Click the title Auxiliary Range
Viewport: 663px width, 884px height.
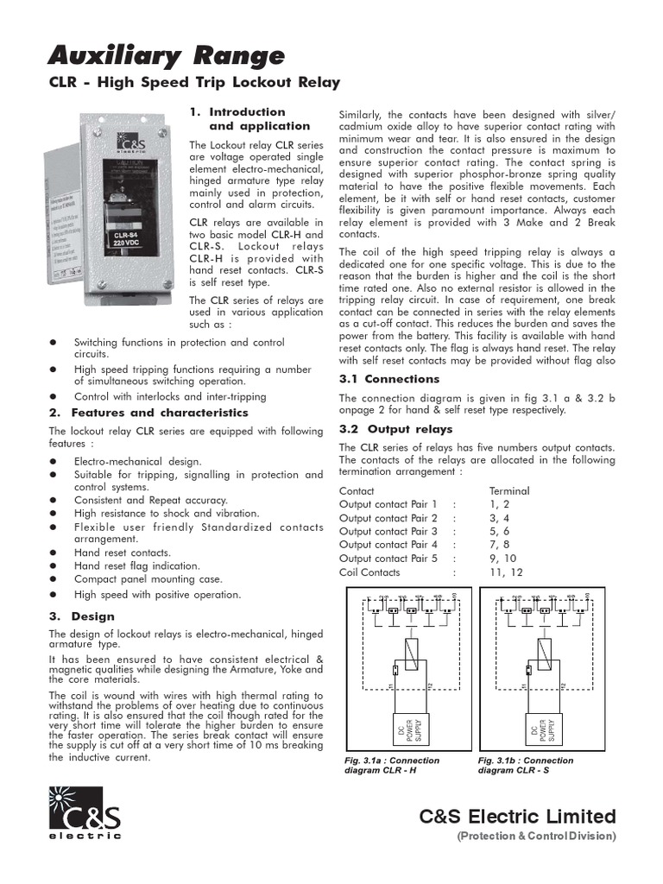click(x=166, y=56)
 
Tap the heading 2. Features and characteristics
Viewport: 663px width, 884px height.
click(x=148, y=413)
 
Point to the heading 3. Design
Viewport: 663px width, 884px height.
click(x=81, y=616)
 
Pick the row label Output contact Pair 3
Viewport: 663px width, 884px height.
click(x=388, y=531)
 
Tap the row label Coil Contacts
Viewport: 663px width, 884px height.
click(x=369, y=572)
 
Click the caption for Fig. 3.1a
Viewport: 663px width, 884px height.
click(x=391, y=765)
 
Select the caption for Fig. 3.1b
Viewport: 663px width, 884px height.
click(x=525, y=765)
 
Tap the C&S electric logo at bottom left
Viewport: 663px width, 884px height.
click(x=85, y=813)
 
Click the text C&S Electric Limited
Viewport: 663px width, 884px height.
click(x=518, y=817)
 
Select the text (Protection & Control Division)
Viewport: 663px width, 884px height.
click(x=536, y=837)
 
